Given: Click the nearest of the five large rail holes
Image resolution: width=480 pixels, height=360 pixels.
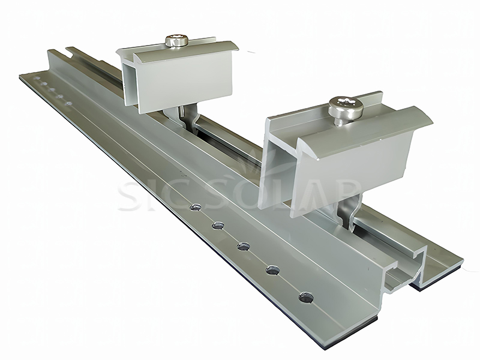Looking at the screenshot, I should pyautogui.click(x=306, y=296).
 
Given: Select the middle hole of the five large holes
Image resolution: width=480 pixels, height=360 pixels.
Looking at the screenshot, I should pyautogui.click(x=243, y=246).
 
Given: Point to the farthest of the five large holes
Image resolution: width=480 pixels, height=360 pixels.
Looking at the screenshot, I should pyautogui.click(x=194, y=208).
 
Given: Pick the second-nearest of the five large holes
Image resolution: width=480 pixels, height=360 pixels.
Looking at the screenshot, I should pyautogui.click(x=272, y=270).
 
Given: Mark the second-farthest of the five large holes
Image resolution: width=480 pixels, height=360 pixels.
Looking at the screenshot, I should pyautogui.click(x=217, y=226).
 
